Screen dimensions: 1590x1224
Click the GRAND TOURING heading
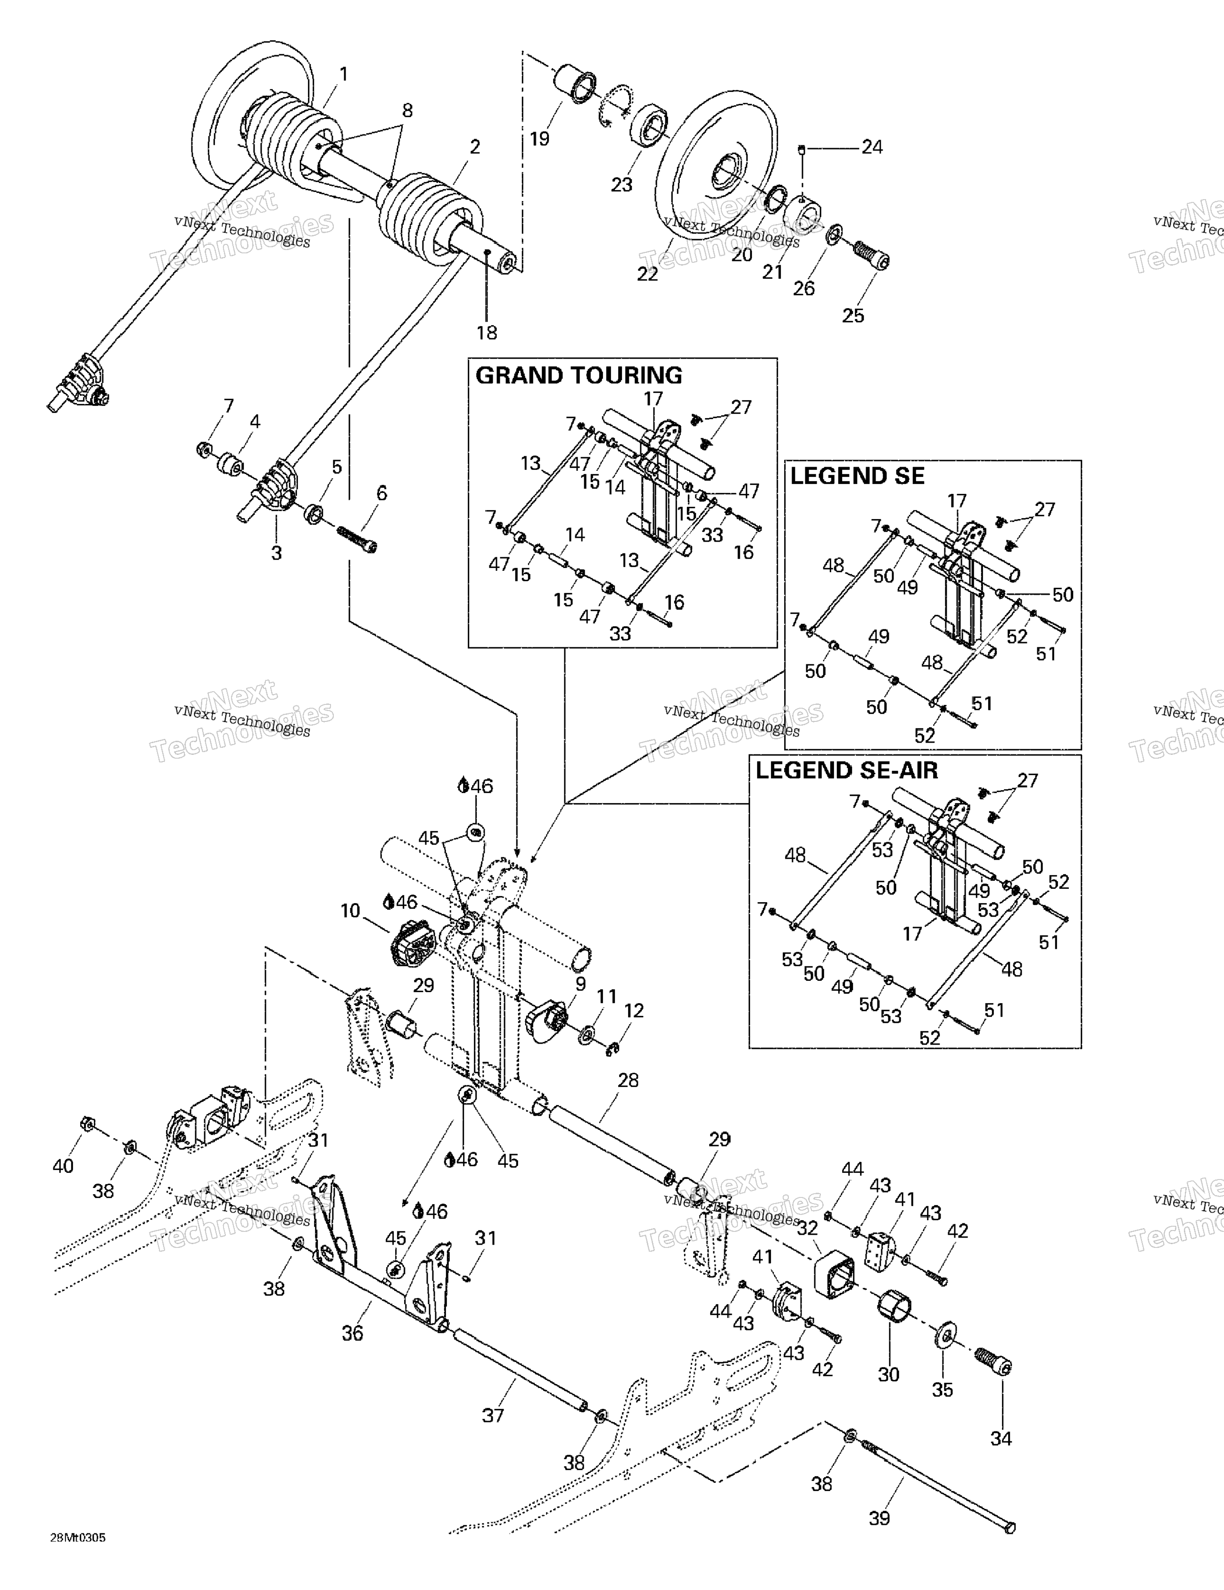click(579, 376)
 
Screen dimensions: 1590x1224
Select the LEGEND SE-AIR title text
click(846, 770)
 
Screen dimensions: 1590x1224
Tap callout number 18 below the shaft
click(487, 333)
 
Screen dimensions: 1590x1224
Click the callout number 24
click(872, 147)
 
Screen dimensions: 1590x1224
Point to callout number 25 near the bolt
click(853, 315)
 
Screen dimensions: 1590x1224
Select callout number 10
click(350, 911)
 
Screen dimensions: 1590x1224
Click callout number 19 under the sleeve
click(539, 138)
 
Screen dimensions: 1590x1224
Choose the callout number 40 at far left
click(63, 1166)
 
